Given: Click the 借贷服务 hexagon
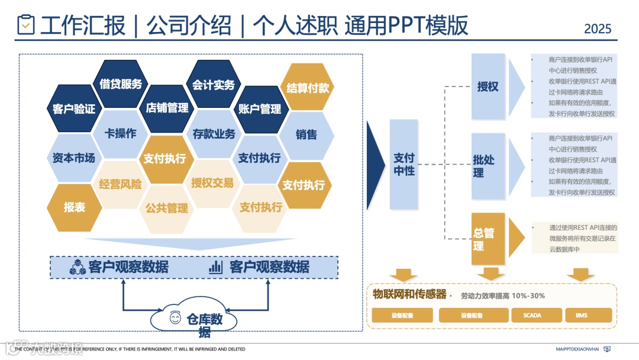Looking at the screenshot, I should [121, 84].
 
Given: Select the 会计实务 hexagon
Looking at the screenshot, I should [213, 85].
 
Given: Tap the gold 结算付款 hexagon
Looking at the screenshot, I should [307, 88].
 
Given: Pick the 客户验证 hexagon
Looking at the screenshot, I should [74, 109].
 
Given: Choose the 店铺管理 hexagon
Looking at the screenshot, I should [167, 108].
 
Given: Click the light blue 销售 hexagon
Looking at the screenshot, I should [306, 134].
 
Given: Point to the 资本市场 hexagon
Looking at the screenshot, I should [74, 158].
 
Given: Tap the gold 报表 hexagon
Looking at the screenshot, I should [74, 207].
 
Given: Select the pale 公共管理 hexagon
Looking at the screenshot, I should [167, 208].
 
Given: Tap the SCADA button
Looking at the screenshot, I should [532, 316].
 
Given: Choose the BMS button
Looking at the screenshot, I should [582, 316].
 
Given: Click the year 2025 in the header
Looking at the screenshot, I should [598, 28].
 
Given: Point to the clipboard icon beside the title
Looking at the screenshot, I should [26, 24].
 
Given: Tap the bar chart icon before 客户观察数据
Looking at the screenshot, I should [215, 267].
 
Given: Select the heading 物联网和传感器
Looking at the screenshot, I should [409, 294].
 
